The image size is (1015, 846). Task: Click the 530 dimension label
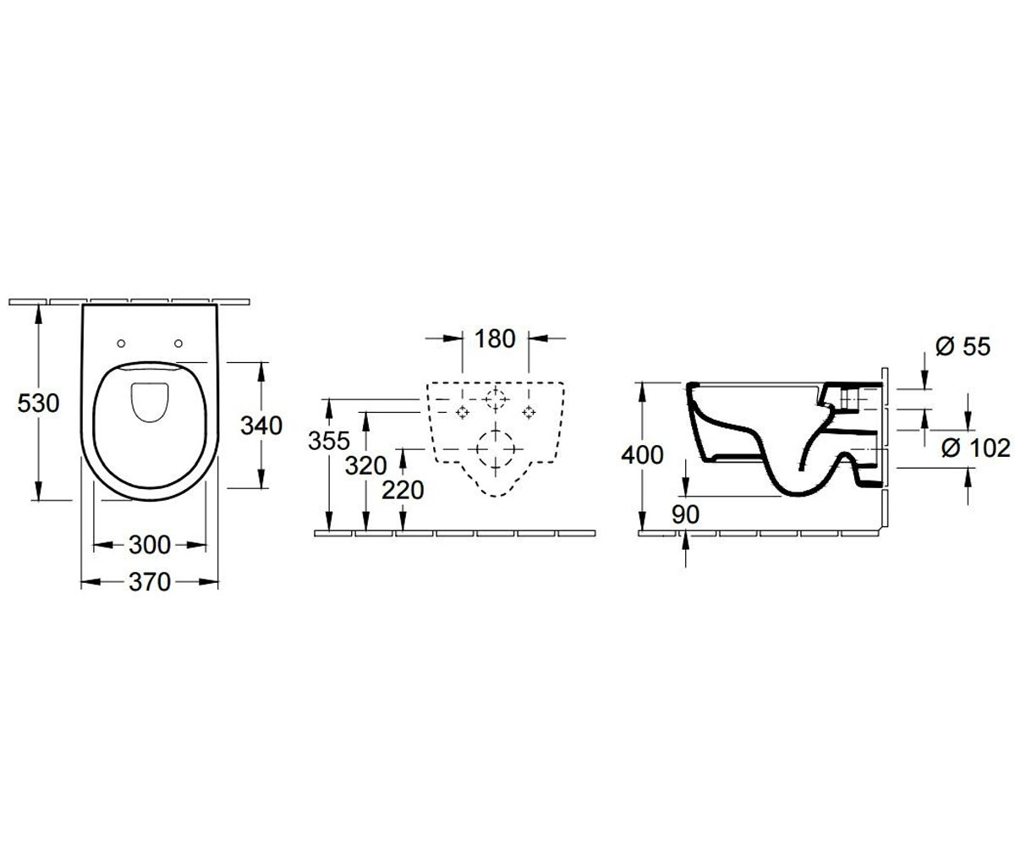pos(38,403)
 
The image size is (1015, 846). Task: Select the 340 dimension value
pos(261,426)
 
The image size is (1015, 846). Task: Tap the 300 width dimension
pos(150,545)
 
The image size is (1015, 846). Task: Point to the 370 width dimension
pos(150,582)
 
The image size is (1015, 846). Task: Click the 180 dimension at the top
pos(495,338)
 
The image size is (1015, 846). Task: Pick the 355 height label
pos(329,441)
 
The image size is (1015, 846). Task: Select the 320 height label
pos(366,465)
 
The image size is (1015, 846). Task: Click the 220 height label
pos(403,490)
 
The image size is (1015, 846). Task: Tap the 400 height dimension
pos(642,455)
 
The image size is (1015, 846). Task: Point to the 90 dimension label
pos(685,514)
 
